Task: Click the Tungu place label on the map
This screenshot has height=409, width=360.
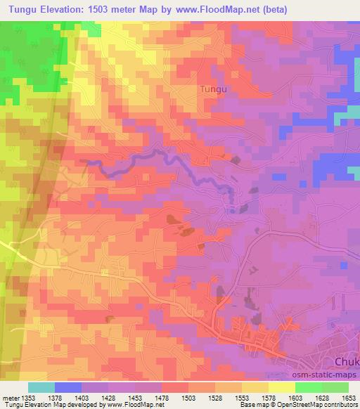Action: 214,89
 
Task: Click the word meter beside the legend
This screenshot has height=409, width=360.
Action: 11,398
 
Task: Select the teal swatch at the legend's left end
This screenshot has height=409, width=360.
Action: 41,387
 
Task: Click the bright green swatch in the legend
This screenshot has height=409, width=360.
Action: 308,387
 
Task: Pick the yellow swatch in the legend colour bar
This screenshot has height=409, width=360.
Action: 281,387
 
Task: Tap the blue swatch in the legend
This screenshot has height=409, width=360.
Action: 68,387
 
